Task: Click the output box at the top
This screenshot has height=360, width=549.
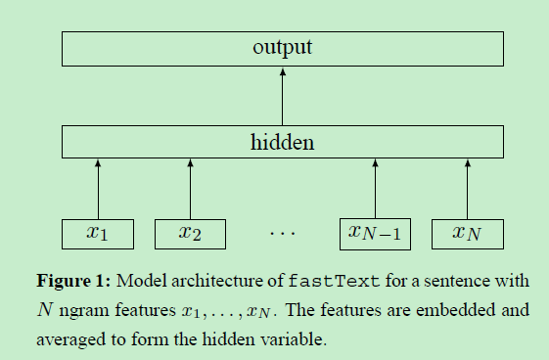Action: (283, 47)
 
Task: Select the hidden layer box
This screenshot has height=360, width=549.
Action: (283, 142)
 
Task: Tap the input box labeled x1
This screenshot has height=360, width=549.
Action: (97, 233)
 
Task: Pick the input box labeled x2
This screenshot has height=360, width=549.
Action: (190, 233)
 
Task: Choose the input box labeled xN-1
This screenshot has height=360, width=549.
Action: (375, 233)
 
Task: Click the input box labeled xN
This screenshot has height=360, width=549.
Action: (466, 233)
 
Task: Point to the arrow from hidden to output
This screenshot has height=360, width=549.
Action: (283, 94)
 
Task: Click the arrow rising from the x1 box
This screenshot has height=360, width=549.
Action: (97, 188)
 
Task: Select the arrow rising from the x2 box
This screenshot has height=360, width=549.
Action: (190, 188)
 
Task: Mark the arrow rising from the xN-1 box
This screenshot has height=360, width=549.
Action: (375, 188)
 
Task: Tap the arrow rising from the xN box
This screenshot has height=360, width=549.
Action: (466, 188)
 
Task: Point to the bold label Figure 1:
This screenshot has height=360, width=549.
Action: (75, 281)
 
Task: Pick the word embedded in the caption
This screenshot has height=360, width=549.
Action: (446, 312)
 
